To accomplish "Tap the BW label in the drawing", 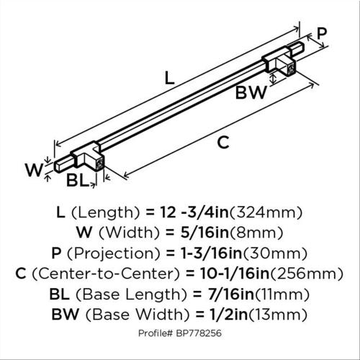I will tap(251, 93).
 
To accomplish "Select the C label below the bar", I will tap(223, 142).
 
